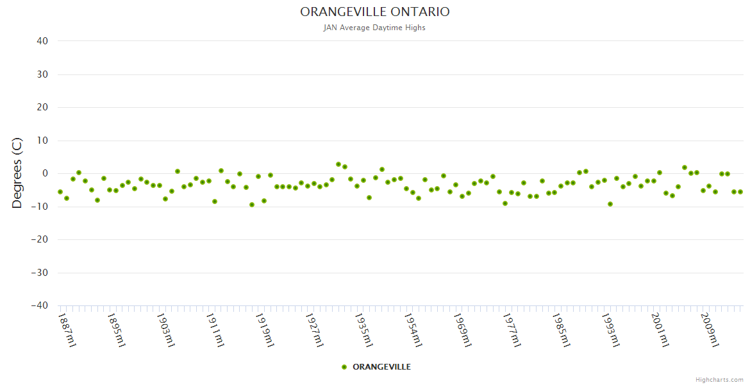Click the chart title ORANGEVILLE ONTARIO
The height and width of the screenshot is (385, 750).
(375, 12)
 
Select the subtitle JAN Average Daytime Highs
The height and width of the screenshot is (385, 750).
(374, 28)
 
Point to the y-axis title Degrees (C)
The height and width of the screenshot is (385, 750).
(17, 173)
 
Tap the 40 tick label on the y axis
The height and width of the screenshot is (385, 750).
(42, 41)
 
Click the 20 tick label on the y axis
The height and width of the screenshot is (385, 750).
(42, 107)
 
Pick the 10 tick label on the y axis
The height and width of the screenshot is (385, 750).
(42, 141)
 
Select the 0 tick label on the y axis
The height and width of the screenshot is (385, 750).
(45, 173)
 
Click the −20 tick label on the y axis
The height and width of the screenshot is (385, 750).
(40, 239)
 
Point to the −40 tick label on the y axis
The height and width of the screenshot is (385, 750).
(40, 305)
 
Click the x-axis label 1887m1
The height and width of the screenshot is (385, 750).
(67, 329)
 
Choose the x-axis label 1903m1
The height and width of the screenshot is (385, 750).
(166, 329)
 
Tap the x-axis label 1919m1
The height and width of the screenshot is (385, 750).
(265, 329)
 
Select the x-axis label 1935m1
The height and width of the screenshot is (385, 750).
(363, 329)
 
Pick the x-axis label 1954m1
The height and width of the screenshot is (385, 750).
(413, 329)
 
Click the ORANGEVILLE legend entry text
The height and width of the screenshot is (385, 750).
(381, 367)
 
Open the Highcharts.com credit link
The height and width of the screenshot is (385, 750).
(719, 379)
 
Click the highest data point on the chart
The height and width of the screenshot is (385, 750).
(338, 164)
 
